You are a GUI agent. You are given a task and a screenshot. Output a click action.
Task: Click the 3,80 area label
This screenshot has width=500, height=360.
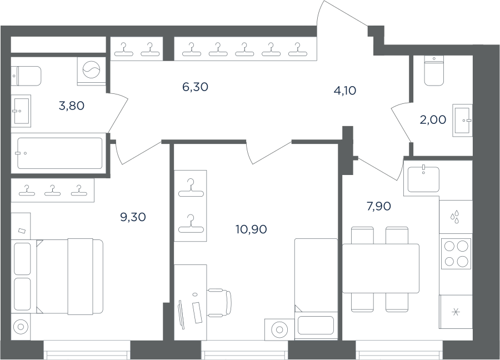(72, 106)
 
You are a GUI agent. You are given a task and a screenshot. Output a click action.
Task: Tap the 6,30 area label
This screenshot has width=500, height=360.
(195, 87)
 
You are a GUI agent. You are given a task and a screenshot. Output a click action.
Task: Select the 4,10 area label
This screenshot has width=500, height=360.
(344, 91)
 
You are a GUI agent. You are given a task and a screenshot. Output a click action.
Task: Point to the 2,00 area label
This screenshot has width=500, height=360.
(433, 120)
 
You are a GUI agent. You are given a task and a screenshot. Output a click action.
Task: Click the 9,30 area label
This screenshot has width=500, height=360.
(133, 217)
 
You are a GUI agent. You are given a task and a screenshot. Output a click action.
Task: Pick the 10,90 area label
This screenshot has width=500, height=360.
(251, 229)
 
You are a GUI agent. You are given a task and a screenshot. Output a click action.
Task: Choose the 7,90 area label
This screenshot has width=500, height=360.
(379, 207)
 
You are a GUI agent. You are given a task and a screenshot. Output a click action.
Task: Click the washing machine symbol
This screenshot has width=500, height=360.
(92, 69)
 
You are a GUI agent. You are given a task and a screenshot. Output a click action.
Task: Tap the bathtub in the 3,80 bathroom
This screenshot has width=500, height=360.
(59, 153)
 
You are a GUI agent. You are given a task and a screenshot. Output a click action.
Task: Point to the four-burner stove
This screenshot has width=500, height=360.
(456, 254)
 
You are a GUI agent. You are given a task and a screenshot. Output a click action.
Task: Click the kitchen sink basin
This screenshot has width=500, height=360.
(423, 179)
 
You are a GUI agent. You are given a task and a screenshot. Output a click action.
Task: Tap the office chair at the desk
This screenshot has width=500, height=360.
(219, 302)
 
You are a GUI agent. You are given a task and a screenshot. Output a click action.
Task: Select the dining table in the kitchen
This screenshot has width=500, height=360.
(381, 268)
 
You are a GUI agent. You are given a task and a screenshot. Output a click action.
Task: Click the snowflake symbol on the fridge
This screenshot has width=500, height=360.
(456, 312)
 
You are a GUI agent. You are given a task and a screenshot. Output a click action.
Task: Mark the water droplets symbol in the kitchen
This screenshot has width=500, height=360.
(454, 217)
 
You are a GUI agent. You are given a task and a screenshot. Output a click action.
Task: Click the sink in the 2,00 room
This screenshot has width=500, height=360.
(462, 121)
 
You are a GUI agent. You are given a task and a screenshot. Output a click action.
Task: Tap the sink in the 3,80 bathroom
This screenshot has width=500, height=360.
(21, 111)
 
